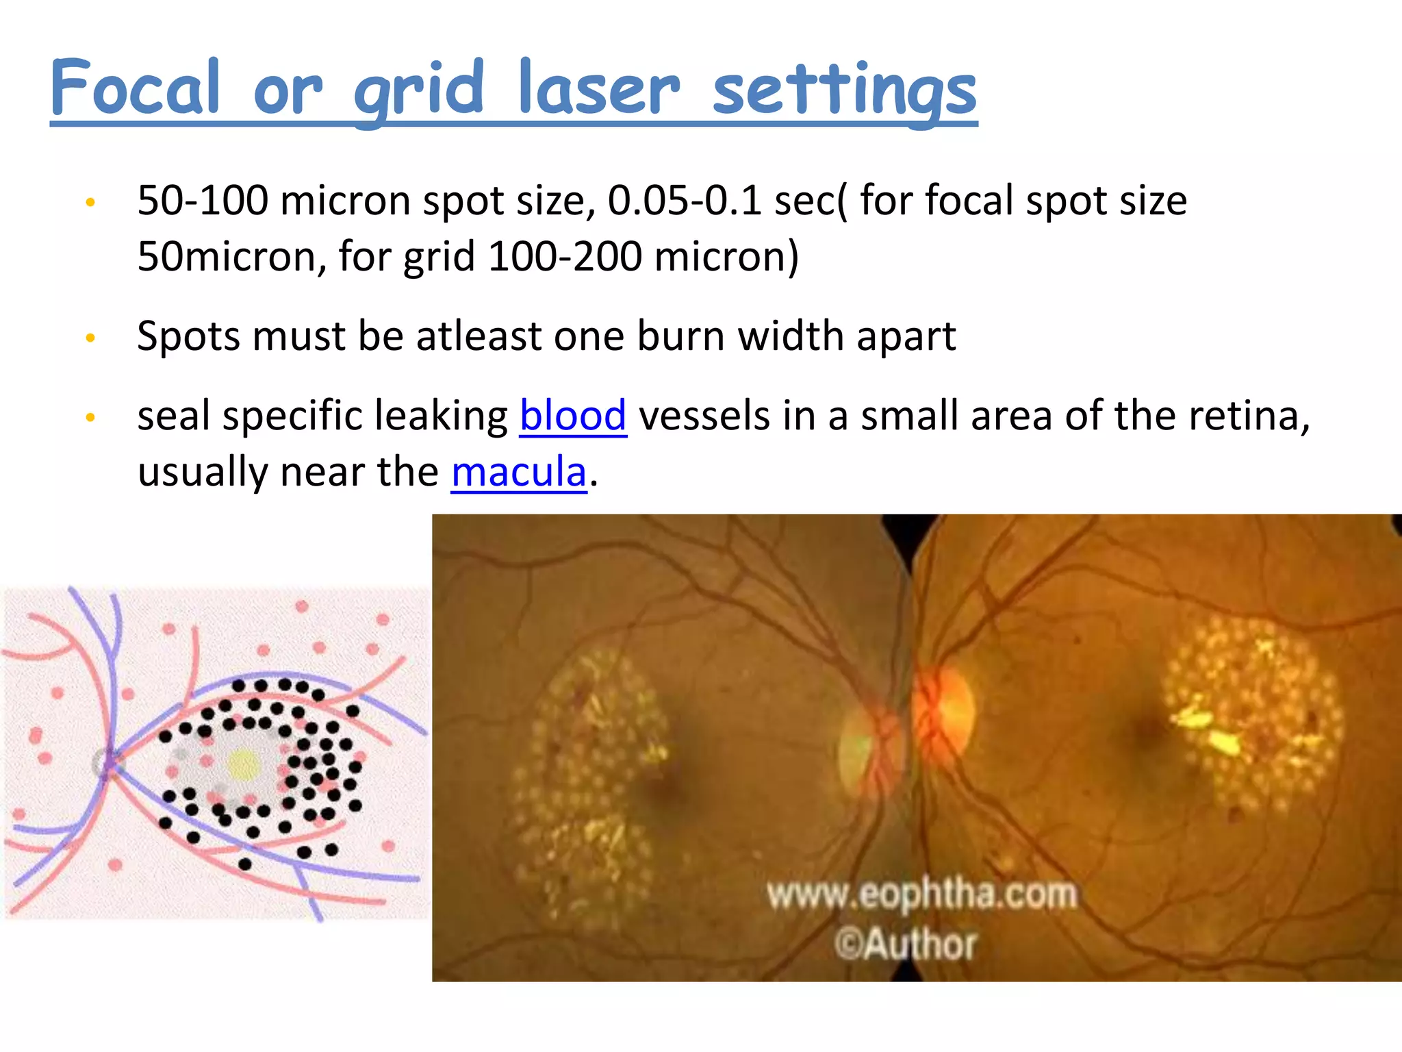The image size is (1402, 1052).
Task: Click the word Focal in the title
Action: (136, 89)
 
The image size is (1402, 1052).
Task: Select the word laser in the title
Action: (599, 89)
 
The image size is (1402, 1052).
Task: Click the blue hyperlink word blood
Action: (573, 416)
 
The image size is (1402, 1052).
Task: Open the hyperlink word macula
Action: (519, 472)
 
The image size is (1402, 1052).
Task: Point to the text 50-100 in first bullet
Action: (203, 201)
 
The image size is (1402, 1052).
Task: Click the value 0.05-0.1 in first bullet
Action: (684, 201)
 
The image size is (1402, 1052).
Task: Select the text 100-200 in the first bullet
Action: (565, 257)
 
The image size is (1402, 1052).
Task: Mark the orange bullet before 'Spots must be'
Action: (90, 338)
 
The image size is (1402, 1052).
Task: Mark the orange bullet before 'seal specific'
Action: (90, 417)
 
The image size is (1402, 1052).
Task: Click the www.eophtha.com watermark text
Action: (921, 894)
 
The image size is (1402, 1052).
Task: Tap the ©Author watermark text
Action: (905, 944)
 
